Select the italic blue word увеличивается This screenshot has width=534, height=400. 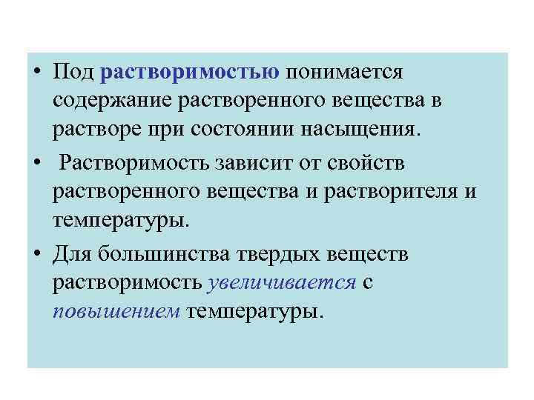point(284,283)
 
